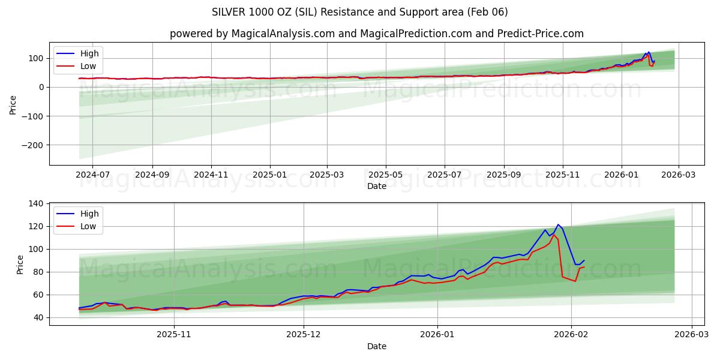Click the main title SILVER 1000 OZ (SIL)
tap(359, 12)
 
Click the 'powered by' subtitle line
tap(376, 34)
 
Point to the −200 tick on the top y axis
tap(33, 145)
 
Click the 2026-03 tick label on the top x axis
tap(679, 175)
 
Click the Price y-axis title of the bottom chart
tap(20, 265)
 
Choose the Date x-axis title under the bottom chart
tap(376, 346)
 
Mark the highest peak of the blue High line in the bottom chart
tap(558, 224)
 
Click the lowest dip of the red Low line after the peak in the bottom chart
tap(575, 281)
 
